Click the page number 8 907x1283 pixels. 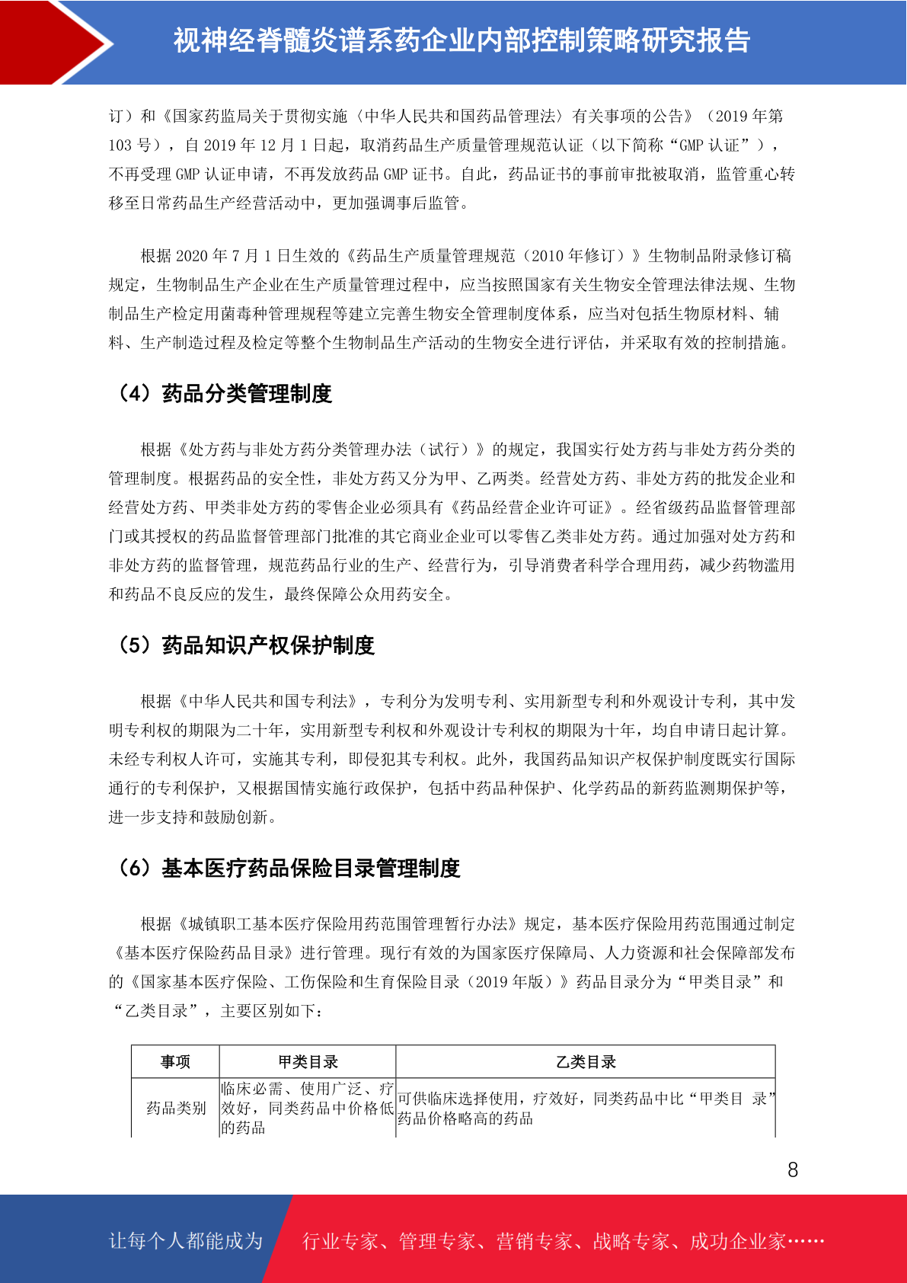(x=793, y=1170)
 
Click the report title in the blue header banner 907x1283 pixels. (x=461, y=40)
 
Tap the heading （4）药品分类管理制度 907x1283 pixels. (x=223, y=394)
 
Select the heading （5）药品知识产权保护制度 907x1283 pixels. (x=244, y=645)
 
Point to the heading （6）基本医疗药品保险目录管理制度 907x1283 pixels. (x=287, y=868)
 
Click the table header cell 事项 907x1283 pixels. (x=175, y=1062)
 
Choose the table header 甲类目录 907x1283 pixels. (x=308, y=1062)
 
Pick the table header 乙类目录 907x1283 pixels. (x=585, y=1062)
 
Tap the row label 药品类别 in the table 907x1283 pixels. (x=175, y=1108)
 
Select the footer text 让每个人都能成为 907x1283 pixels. (x=186, y=1241)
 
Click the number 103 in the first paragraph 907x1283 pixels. (x=120, y=146)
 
